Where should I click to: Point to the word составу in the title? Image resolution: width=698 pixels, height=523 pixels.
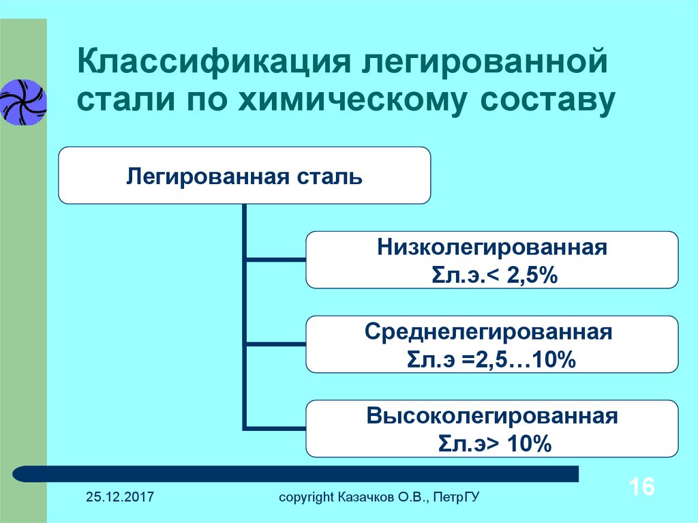(547, 102)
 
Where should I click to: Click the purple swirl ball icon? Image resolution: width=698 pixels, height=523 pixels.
(23, 102)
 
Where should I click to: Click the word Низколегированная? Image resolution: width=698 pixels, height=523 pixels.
(492, 248)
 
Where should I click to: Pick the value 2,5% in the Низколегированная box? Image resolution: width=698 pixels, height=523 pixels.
(532, 275)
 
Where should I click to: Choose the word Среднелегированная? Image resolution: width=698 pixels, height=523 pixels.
(489, 332)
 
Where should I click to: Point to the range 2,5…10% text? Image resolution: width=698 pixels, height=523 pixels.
(526, 359)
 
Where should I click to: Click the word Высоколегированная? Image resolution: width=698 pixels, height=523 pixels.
(492, 416)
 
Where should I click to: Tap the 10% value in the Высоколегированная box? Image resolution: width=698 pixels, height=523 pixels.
(529, 444)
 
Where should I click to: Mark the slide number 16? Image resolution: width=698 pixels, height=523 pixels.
(641, 486)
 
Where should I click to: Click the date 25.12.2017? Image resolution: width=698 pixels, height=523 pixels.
(120, 496)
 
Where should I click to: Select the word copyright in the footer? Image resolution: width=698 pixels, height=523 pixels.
(306, 497)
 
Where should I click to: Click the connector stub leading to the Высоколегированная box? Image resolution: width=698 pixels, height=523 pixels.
(276, 428)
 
